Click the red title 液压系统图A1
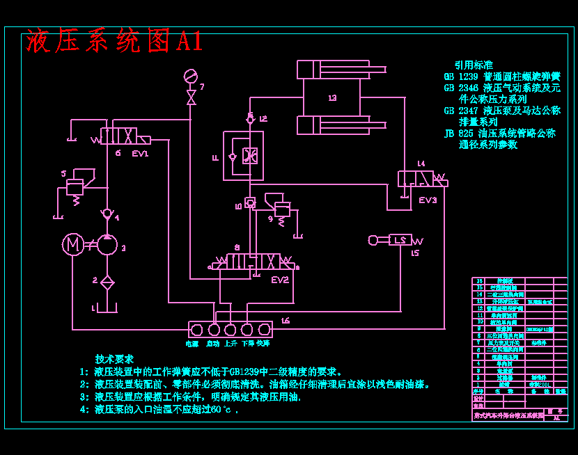click(115, 42)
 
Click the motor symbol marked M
click(72, 244)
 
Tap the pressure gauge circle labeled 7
click(190, 75)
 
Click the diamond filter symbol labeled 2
click(107, 282)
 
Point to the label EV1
click(141, 153)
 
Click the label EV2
click(280, 280)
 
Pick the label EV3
click(428, 200)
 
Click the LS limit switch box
click(401, 240)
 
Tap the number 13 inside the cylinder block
click(332, 98)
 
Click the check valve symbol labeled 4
click(107, 213)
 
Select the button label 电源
click(192, 343)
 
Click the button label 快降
click(263, 343)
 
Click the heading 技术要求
click(115, 359)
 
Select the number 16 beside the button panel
click(286, 321)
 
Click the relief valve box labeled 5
click(75, 186)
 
